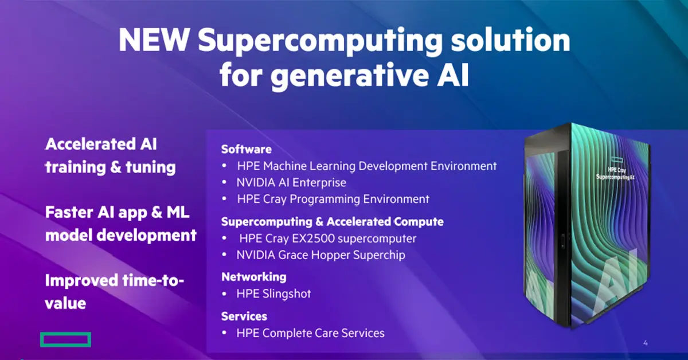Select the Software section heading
(x=247, y=149)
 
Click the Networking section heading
(x=254, y=276)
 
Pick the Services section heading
(x=244, y=316)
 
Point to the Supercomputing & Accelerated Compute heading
(x=333, y=221)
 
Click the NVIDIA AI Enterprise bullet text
(x=291, y=183)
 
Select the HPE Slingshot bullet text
(x=273, y=294)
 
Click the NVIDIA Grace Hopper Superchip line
(x=320, y=255)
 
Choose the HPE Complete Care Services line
(x=310, y=332)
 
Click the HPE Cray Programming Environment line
(x=333, y=199)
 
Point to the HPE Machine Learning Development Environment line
(x=366, y=166)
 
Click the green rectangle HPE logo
(x=65, y=339)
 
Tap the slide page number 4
(x=645, y=343)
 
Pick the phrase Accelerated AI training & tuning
(x=110, y=156)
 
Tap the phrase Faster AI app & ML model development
(x=120, y=224)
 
